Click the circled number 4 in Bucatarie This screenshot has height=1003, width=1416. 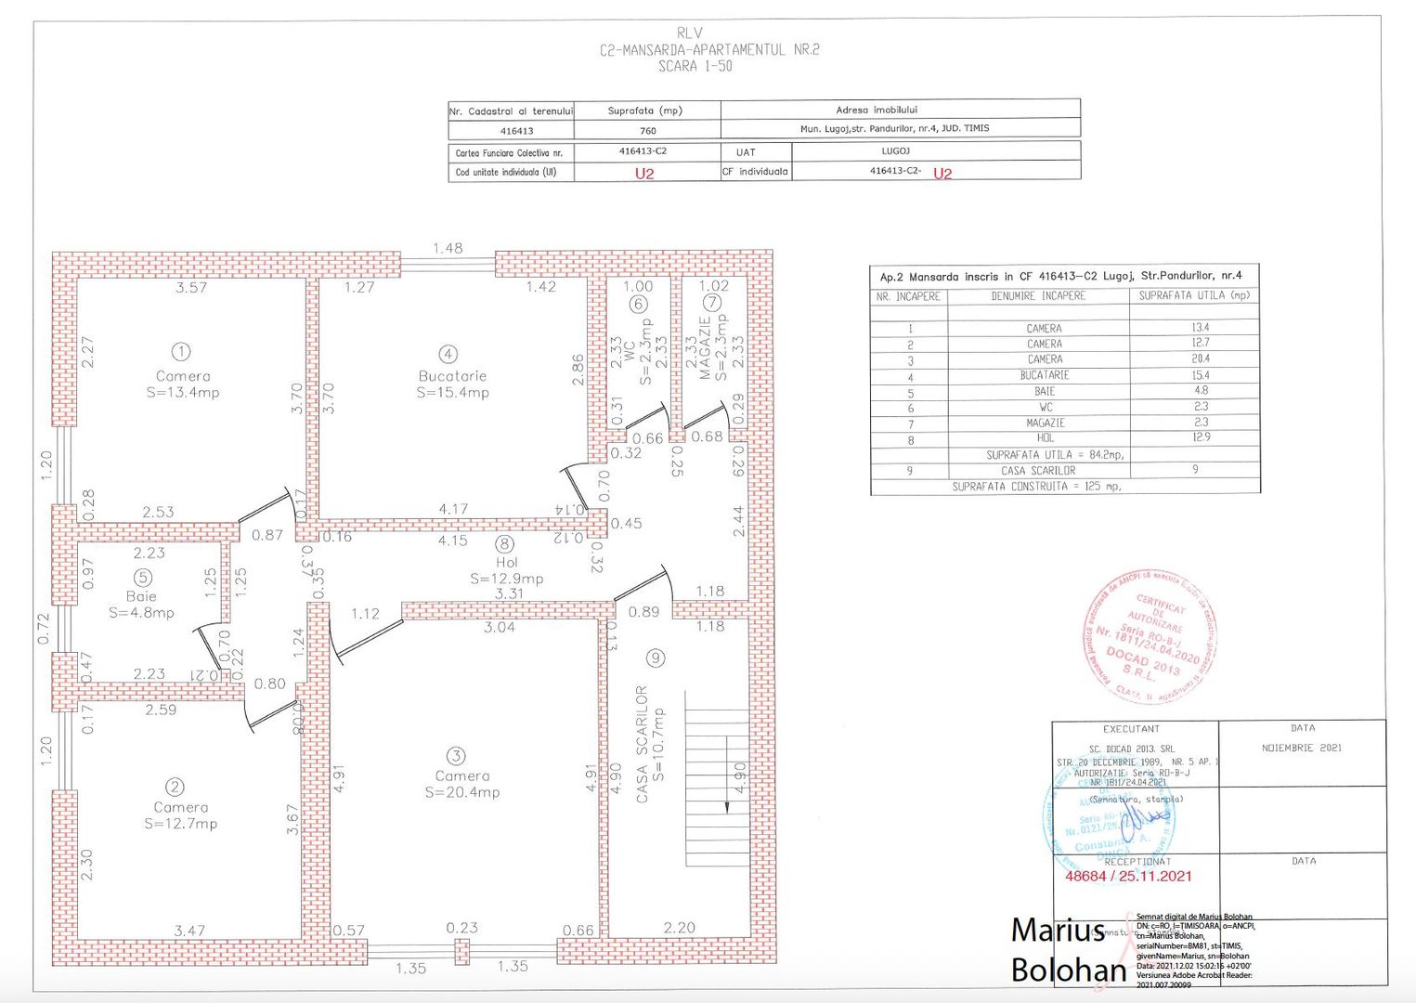click(448, 354)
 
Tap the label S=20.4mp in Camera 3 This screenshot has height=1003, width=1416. click(462, 792)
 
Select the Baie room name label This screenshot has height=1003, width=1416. click(141, 596)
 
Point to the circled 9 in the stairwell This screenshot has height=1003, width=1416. click(656, 658)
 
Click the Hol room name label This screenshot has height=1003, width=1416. click(507, 562)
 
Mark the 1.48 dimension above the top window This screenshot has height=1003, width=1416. click(448, 248)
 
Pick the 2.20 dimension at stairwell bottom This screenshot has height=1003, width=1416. click(679, 927)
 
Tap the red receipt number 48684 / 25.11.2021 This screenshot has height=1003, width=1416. click(1128, 876)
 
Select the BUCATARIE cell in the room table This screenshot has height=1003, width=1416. click(1045, 375)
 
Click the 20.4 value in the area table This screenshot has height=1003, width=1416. click(1201, 358)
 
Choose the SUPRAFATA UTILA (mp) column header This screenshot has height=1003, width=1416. click(1194, 295)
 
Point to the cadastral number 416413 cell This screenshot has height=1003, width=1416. click(516, 131)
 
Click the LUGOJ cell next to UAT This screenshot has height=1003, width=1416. click(895, 150)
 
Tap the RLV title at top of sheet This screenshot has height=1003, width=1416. click(690, 33)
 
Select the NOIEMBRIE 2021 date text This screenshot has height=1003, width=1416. click(1301, 748)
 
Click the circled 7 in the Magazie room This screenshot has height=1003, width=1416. click(711, 303)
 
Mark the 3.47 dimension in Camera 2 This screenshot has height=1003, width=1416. click(189, 930)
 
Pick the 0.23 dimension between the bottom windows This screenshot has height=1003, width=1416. click(461, 927)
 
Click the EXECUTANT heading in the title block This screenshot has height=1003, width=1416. click(1131, 729)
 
